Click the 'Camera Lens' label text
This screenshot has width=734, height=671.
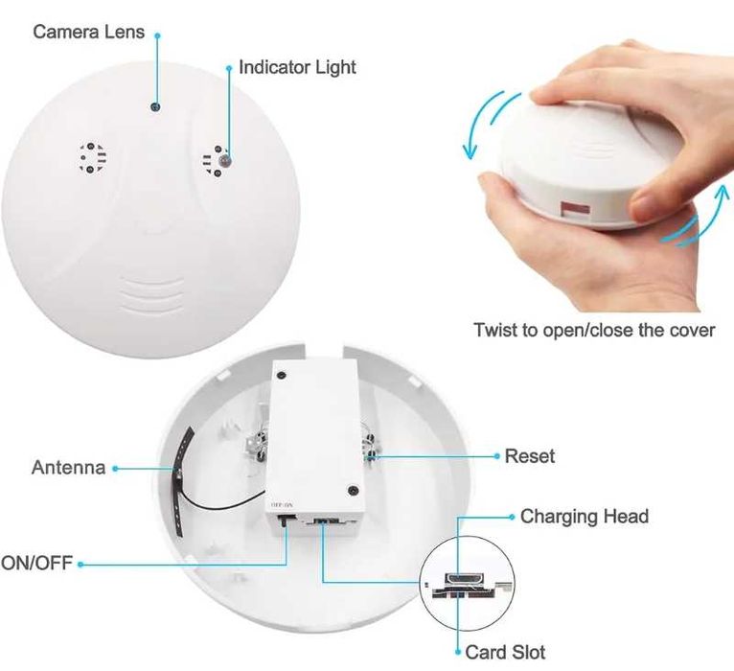[88, 32]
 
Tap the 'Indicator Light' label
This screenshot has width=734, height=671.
[297, 67]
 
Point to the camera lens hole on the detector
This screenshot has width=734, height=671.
[156, 106]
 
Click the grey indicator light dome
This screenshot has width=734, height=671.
[225, 162]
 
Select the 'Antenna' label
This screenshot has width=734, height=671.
[68, 468]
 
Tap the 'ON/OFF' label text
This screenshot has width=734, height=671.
[36, 563]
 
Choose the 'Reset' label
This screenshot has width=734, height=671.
[530, 456]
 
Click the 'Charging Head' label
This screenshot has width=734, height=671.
[585, 516]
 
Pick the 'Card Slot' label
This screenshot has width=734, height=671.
[505, 652]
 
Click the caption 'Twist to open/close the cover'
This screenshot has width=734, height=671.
[594, 330]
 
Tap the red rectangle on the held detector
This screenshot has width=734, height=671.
[573, 209]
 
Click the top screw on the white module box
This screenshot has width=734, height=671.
[281, 375]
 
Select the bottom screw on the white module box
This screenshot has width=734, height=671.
[353, 490]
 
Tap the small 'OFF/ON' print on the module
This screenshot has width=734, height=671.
[282, 506]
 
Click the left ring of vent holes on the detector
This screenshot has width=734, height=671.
[92, 157]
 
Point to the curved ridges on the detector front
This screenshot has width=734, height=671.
[151, 294]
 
